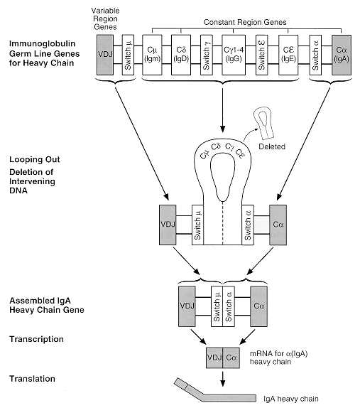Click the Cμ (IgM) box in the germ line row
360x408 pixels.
[152, 55]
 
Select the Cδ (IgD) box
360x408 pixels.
[181, 55]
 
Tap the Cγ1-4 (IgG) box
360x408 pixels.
[234, 55]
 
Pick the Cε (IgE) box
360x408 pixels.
[288, 55]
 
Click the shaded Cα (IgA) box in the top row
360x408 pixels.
[342, 55]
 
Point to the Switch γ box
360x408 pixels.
[207, 55]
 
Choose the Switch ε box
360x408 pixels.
[261, 55]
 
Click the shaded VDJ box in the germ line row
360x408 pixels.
[105, 55]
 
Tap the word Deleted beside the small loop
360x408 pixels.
[272, 146]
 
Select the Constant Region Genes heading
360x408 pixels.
[245, 22]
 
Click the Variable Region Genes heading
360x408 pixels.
[105, 18]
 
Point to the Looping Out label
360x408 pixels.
[35, 159]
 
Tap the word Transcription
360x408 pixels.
[36, 339]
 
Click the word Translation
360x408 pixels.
[32, 379]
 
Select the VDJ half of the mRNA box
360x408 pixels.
[214, 358]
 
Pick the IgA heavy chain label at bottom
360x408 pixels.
[291, 399]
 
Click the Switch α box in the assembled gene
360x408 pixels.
[229, 306]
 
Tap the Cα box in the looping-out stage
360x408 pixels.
[278, 225]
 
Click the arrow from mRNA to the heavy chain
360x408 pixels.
[222, 379]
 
